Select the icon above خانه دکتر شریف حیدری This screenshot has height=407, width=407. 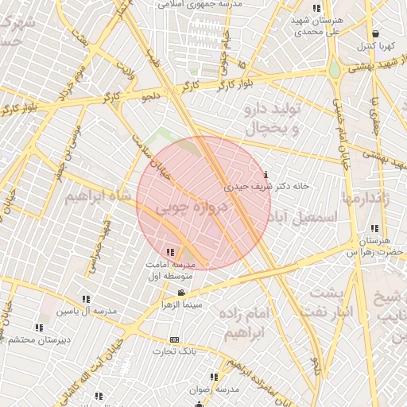(x=265, y=174)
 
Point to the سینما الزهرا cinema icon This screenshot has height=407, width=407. (x=181, y=293)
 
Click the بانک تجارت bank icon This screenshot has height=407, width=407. (x=175, y=339)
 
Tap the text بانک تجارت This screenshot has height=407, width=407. (x=176, y=351)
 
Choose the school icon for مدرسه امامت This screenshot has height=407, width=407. (x=170, y=253)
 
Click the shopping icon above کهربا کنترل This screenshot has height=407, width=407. (x=374, y=34)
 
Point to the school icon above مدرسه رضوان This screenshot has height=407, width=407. (x=213, y=377)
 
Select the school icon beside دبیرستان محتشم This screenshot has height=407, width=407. (x=39, y=328)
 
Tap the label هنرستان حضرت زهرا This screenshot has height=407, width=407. (x=374, y=246)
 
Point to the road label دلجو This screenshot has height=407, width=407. (x=150, y=97)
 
